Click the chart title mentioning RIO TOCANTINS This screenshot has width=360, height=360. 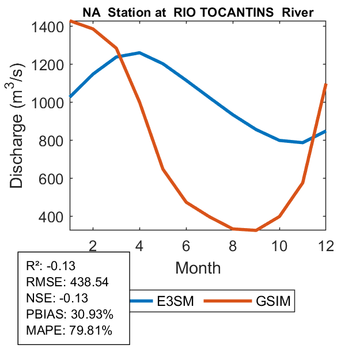click(198, 13)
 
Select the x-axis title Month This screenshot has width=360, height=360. click(198, 267)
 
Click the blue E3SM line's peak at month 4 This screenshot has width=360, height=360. click(139, 52)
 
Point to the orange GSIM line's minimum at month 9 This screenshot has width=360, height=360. click(256, 230)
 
